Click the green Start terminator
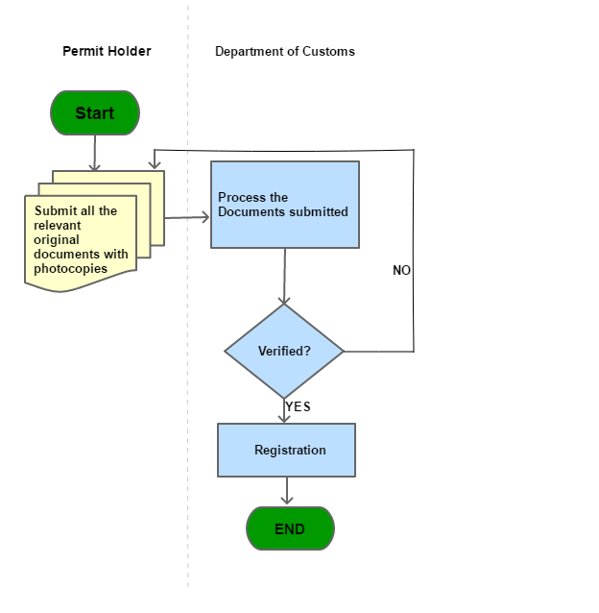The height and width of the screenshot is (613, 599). (94, 113)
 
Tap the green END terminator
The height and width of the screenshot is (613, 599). (290, 529)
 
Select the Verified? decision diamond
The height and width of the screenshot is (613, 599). (284, 351)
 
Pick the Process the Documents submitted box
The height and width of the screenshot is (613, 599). (285, 205)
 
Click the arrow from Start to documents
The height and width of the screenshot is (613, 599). (94, 153)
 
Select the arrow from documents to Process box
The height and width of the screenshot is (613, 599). (187, 218)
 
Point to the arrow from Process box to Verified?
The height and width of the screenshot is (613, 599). (284, 276)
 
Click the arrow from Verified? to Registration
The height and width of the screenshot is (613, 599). (284, 410)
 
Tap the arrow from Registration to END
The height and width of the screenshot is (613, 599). (286, 491)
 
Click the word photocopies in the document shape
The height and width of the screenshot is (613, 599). (70, 268)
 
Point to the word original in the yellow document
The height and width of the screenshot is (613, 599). (57, 239)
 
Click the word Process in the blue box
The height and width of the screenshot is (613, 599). (240, 198)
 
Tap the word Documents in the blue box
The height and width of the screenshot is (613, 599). (252, 211)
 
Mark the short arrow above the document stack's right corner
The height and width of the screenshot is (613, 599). (155, 159)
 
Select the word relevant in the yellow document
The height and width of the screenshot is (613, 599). (58, 225)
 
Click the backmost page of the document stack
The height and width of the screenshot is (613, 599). (158, 178)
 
